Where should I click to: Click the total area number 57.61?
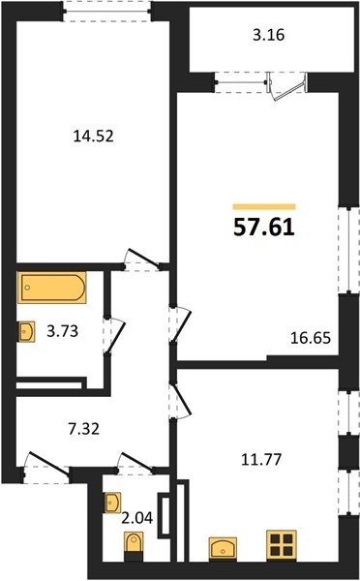[x=264, y=228]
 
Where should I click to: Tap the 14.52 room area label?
[x=93, y=137]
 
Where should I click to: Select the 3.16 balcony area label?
[x=268, y=35]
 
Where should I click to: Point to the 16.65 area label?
[x=311, y=338]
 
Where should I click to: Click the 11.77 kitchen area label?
[x=261, y=460]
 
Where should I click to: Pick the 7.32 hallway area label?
[x=83, y=429]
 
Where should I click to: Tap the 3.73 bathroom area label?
[x=62, y=331]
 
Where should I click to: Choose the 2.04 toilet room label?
[x=137, y=518]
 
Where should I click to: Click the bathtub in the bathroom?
[x=52, y=288]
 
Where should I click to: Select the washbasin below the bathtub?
[x=27, y=331]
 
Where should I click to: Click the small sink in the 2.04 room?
[x=112, y=503]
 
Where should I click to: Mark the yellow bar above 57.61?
[x=264, y=207]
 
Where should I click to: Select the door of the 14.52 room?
[x=142, y=258]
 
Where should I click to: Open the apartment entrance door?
[x=48, y=462]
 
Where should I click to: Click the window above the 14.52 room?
[x=106, y=11]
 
